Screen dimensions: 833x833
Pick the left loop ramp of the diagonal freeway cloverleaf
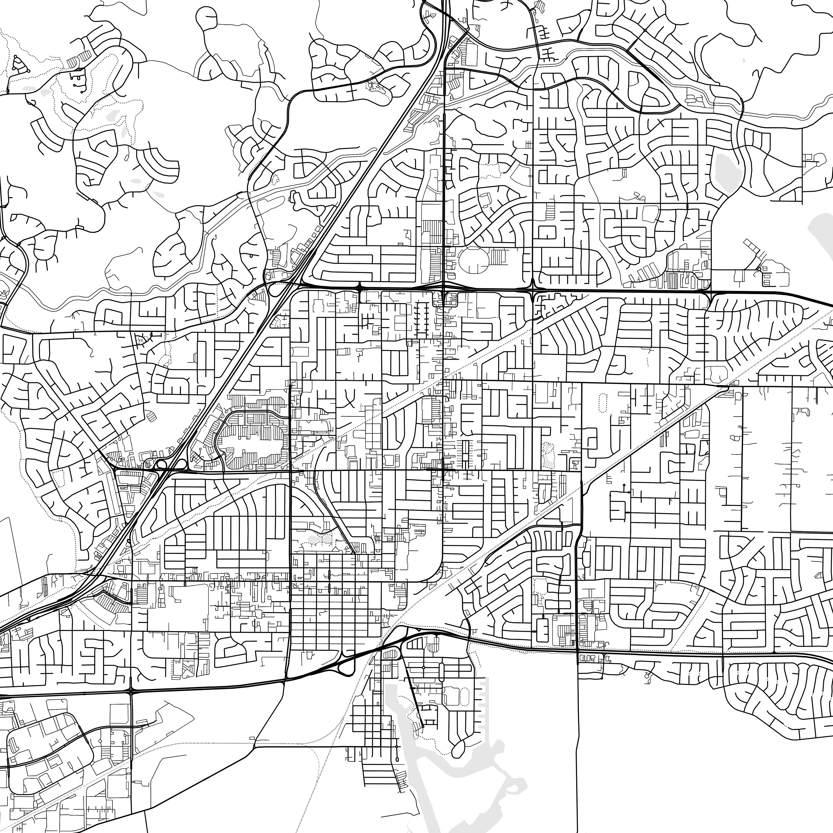[x=162, y=464]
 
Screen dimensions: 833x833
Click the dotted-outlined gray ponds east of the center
[x=548, y=455]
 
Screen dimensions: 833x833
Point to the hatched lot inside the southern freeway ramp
[x=390, y=654]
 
